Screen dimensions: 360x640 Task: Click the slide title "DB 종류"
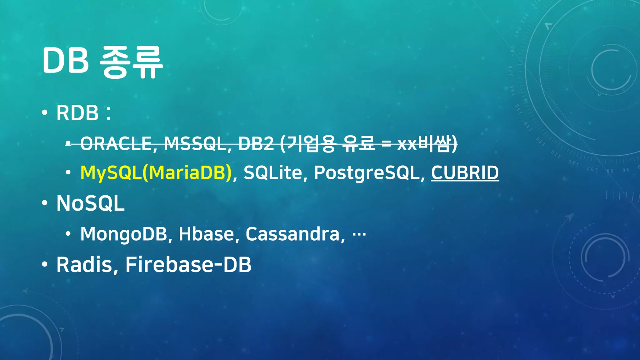[102, 62]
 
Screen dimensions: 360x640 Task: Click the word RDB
[77, 113]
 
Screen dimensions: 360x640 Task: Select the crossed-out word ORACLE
[116, 144]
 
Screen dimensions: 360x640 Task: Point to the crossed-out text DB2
[256, 144]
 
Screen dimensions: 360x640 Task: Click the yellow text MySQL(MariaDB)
[156, 172]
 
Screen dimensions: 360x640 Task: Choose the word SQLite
[272, 172]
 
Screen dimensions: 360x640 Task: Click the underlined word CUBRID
[465, 172]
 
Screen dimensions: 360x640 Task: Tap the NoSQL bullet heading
[90, 203]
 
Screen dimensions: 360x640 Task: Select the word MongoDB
[124, 234]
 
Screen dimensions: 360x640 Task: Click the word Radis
[84, 265]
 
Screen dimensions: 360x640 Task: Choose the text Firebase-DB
[188, 265]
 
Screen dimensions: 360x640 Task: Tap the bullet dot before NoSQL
[45, 203]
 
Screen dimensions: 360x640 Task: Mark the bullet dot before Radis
[45, 264]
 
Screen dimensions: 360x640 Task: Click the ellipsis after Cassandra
[359, 234]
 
